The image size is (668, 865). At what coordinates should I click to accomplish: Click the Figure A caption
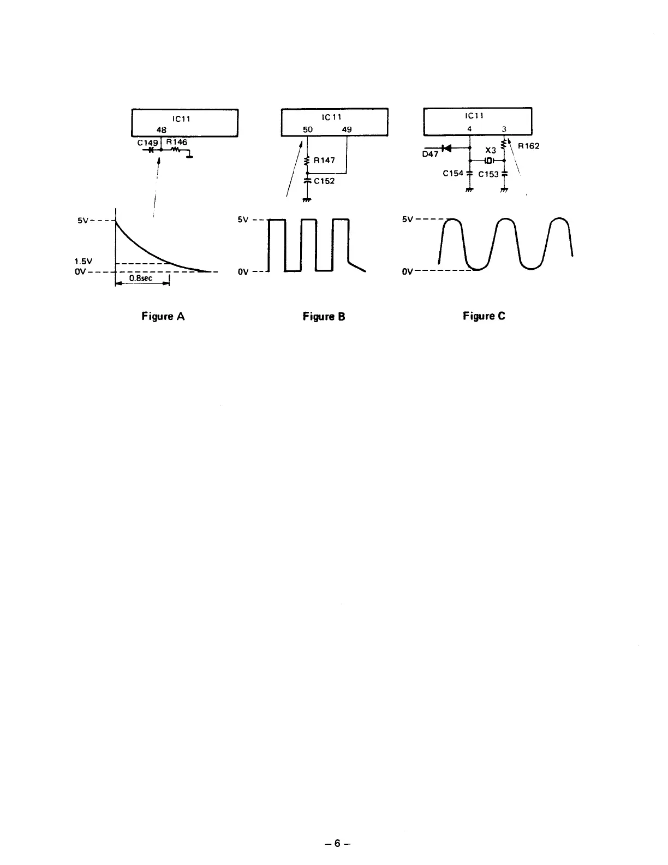(163, 316)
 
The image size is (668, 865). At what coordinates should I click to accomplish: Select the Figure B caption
(324, 317)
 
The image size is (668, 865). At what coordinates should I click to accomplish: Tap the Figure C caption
(484, 316)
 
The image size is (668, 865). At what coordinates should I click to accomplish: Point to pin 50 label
(308, 130)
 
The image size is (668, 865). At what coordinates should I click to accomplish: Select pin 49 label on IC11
(347, 130)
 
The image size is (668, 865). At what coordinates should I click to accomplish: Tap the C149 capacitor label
(147, 143)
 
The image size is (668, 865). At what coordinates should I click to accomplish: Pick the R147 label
(324, 161)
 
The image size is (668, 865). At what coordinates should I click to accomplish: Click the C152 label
(324, 181)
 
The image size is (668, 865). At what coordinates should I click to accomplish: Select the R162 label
(529, 146)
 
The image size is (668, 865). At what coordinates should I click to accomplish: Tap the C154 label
(453, 173)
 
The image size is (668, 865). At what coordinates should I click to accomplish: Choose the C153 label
(488, 174)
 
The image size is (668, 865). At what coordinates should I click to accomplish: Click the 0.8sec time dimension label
(141, 279)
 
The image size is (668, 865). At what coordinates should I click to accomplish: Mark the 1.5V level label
(83, 261)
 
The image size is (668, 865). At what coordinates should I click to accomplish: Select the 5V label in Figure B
(243, 220)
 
